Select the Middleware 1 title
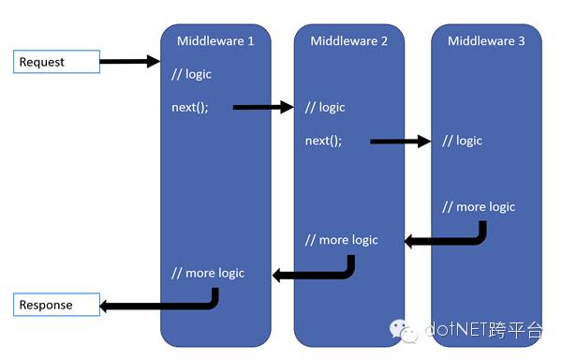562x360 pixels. [x=215, y=41]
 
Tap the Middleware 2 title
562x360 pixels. [x=350, y=41]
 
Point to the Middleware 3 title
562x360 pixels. [x=487, y=41]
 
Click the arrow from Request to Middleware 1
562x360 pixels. [x=129, y=62]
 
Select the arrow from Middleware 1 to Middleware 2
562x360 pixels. [x=263, y=107]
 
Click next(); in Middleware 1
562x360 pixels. [x=190, y=107]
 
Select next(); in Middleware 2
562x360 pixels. [x=324, y=141]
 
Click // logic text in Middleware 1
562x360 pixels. [x=192, y=74]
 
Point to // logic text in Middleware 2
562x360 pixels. [x=326, y=107]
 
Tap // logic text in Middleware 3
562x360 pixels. [x=463, y=141]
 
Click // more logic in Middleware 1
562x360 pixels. [x=208, y=273]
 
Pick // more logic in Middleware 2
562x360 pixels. [x=342, y=240]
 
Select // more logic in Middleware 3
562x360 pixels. [x=479, y=206]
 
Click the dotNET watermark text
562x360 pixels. [x=483, y=330]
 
